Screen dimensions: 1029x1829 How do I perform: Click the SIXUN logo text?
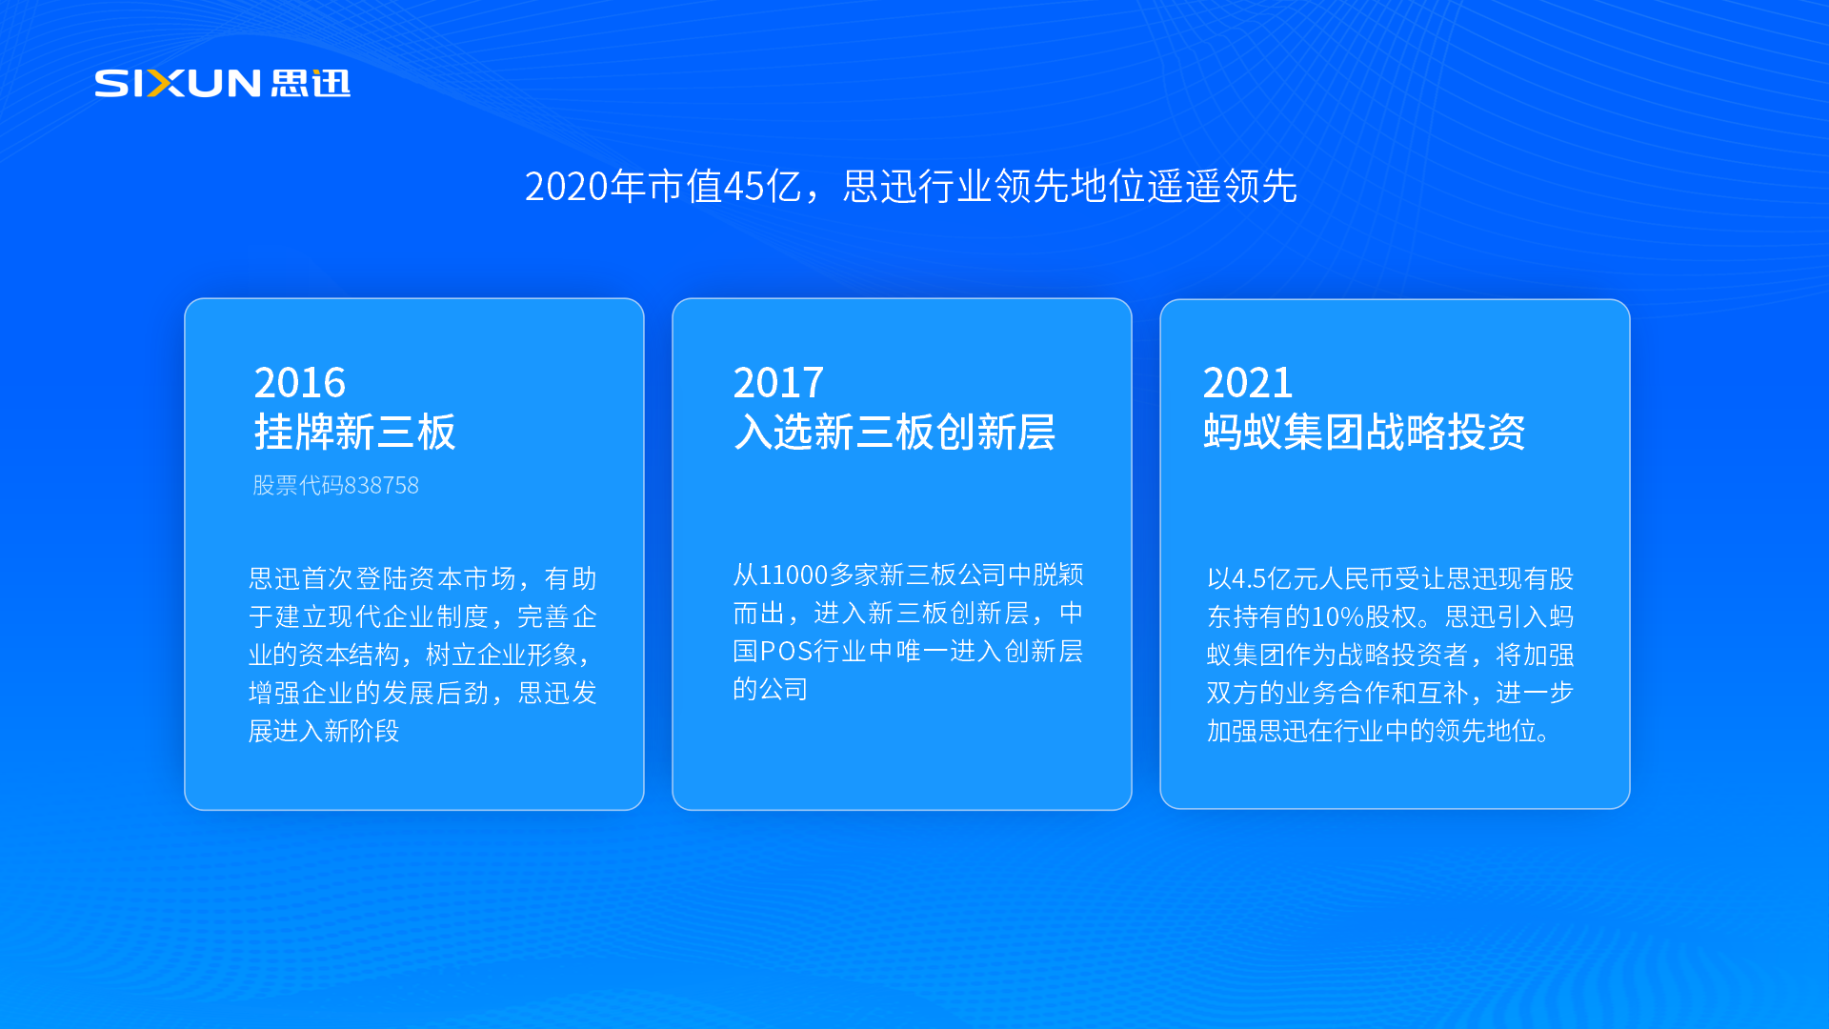click(177, 84)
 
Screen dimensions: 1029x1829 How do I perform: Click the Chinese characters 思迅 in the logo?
click(311, 84)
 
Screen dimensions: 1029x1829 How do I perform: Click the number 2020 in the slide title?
click(566, 187)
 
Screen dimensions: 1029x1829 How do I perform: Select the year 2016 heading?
click(299, 383)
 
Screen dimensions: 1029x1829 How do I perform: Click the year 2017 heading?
click(777, 383)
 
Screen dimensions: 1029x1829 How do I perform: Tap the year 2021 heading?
click(1247, 383)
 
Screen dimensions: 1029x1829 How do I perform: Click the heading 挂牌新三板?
click(354, 433)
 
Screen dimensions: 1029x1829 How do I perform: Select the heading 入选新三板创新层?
click(894, 433)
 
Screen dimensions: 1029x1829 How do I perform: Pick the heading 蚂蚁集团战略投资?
click(1363, 433)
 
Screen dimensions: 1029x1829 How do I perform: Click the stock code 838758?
click(381, 486)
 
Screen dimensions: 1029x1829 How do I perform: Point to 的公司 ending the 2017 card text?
click(770, 690)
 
